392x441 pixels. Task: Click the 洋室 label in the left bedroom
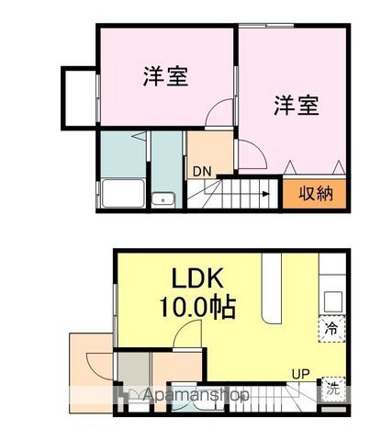166,76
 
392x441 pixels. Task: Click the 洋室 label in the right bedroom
296,105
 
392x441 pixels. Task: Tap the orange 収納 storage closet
315,194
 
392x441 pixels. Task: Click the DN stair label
201,170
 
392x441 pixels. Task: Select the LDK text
207,277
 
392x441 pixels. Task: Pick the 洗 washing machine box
332,387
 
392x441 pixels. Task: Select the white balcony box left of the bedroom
79,95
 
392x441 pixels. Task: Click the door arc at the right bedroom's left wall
249,153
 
